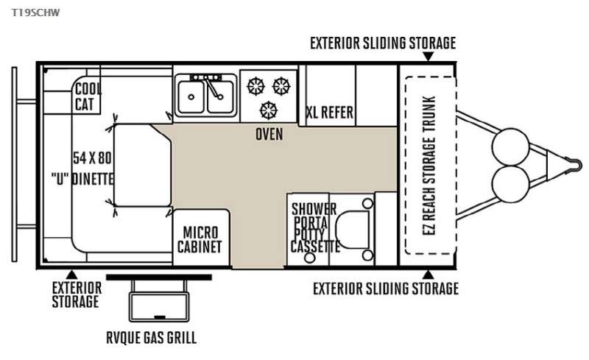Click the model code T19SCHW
(x=35, y=13)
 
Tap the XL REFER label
(x=330, y=113)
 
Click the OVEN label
(x=269, y=134)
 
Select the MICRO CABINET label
(x=200, y=240)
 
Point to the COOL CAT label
(x=88, y=97)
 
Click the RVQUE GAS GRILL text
(x=151, y=337)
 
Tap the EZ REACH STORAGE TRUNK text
(x=429, y=166)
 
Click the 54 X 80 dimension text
(x=92, y=158)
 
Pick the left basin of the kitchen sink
(x=191, y=97)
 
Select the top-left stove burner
(x=255, y=86)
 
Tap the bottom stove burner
(x=269, y=110)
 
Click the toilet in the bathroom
(x=353, y=230)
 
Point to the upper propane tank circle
(x=510, y=147)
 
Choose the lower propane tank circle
(x=510, y=184)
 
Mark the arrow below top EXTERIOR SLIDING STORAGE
(x=428, y=57)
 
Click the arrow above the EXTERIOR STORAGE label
(x=71, y=275)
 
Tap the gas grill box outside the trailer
(x=159, y=307)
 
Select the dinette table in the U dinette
(x=142, y=166)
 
